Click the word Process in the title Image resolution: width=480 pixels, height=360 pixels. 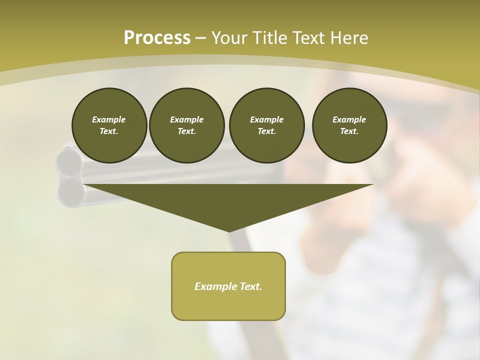[157, 37]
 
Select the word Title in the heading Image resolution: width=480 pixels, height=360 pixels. [268, 37]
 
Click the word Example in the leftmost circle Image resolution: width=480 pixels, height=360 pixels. [109, 119]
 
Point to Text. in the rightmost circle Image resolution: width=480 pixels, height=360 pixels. [349, 131]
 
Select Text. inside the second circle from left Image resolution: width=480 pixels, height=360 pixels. [186, 131]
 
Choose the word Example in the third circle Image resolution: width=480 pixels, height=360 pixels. [266, 119]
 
